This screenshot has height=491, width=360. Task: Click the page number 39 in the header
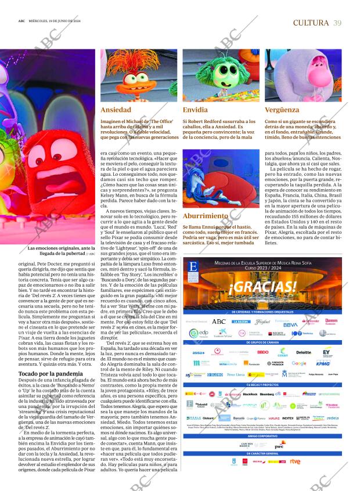[337, 23]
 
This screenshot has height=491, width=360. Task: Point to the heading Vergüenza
[282, 110]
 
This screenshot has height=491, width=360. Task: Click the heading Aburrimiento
[204, 216]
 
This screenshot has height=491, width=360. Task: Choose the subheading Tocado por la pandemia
[51, 373]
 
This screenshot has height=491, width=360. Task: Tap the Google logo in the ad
[299, 363]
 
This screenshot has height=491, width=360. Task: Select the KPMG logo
[323, 363]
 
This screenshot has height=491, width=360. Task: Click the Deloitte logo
[304, 352]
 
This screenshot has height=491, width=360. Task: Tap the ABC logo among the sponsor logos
[218, 321]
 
